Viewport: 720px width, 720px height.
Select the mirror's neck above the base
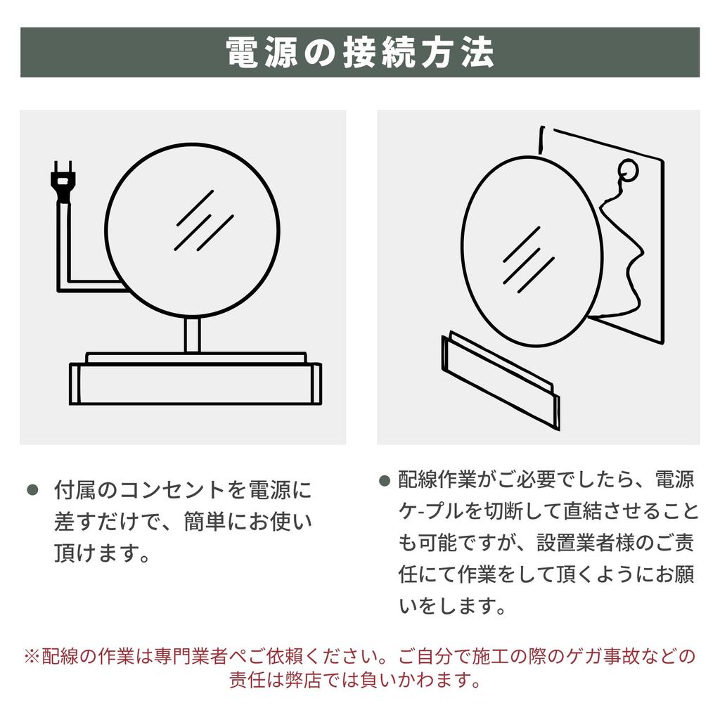coord(193,335)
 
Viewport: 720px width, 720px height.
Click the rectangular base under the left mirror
coord(195,382)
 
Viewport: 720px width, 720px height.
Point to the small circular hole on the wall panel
coord(626,169)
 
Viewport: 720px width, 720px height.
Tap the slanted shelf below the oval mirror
coord(499,380)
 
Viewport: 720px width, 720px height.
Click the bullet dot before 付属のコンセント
coord(32,489)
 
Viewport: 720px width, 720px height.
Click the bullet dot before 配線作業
coord(384,482)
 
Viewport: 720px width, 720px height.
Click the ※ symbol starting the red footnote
coord(31,657)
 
